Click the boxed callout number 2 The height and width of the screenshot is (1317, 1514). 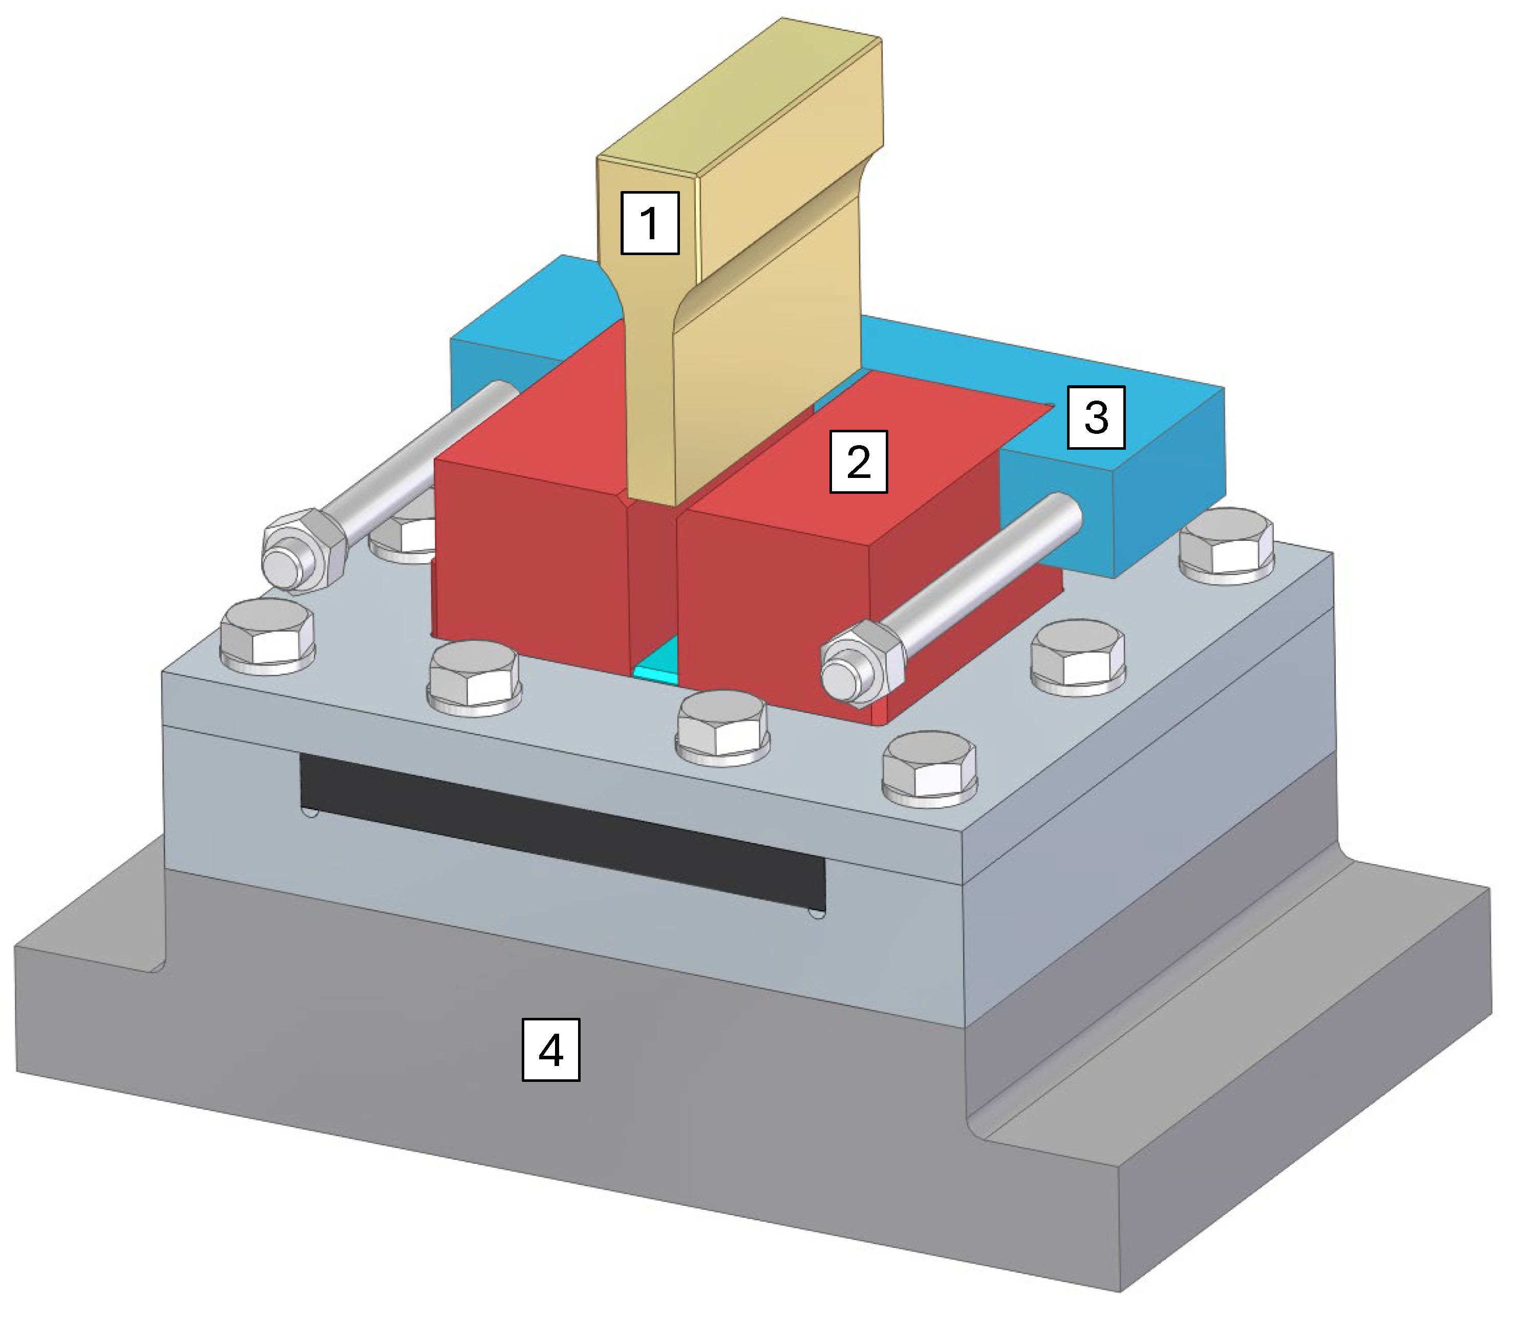pyautogui.click(x=858, y=462)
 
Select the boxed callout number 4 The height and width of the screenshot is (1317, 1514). pyautogui.click(x=550, y=1050)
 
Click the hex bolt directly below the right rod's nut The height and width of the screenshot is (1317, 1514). pyautogui.click(x=929, y=768)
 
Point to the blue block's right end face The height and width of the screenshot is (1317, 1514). pyautogui.click(x=1168, y=482)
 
